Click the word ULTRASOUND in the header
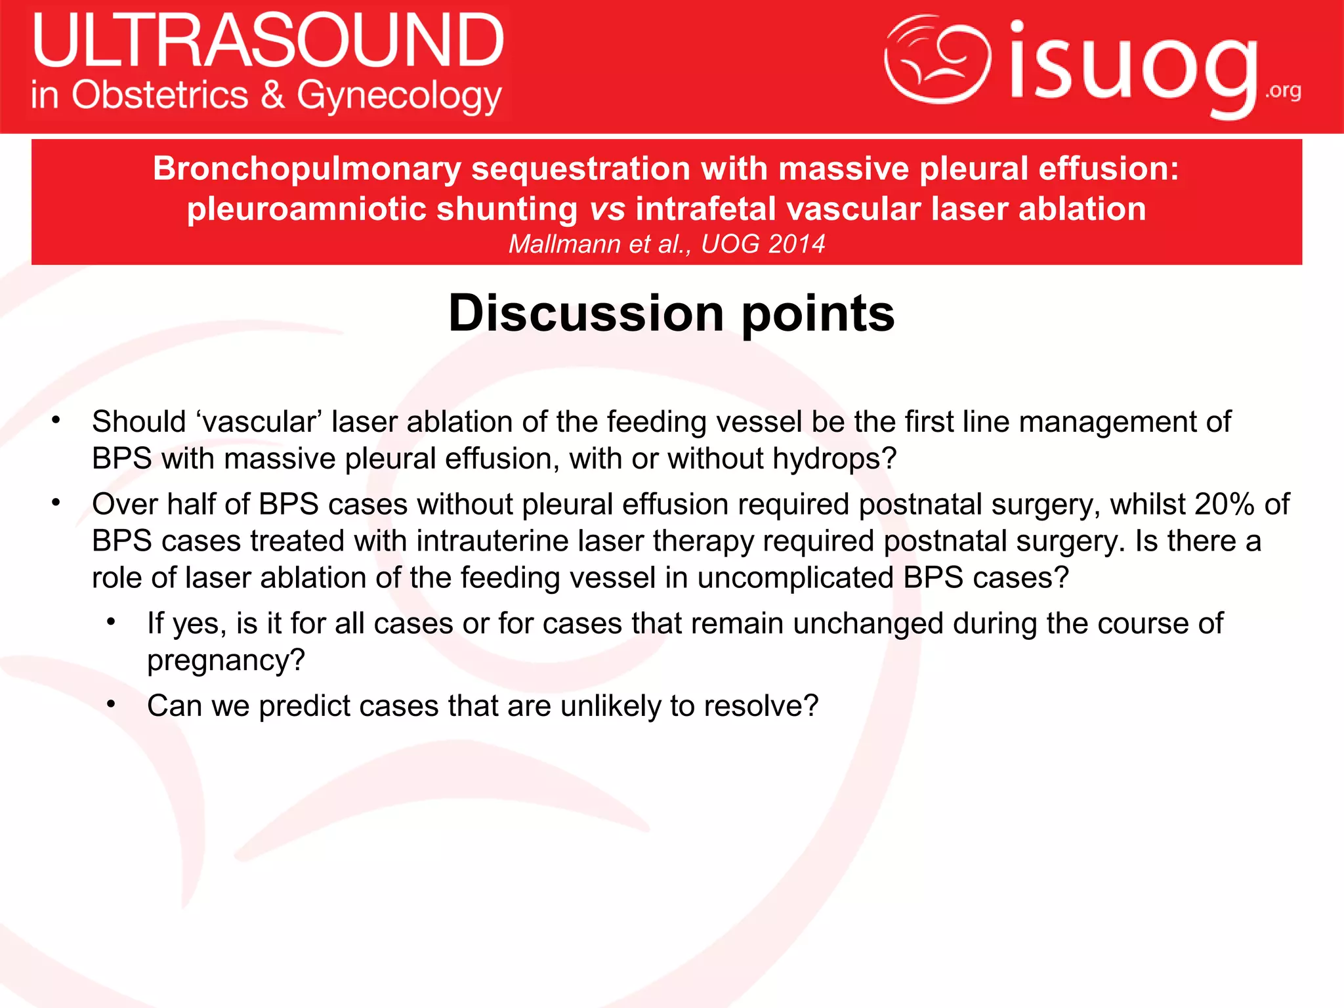(268, 41)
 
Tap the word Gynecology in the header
(399, 96)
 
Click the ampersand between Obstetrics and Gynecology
(272, 94)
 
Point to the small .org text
(1284, 91)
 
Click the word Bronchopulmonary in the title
(307, 169)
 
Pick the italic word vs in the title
(607, 209)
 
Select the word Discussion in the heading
(586, 313)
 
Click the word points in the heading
(818, 314)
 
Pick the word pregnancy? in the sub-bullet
(226, 660)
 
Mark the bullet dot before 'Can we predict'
(112, 705)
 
